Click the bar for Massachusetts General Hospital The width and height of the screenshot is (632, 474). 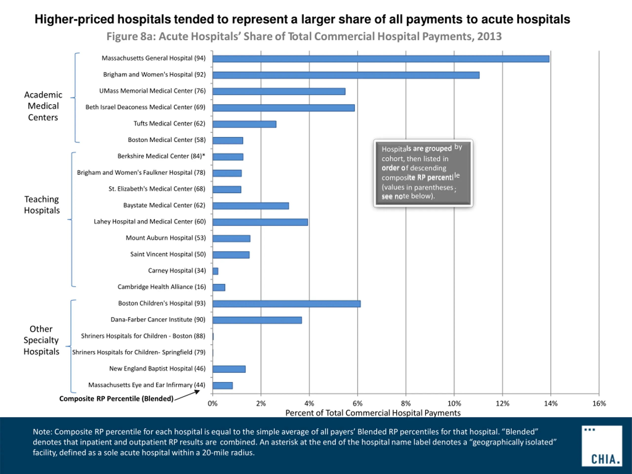(381, 59)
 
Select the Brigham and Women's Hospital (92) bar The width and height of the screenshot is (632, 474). (346, 75)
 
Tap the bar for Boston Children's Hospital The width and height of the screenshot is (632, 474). (286, 304)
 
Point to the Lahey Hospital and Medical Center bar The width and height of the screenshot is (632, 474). (260, 222)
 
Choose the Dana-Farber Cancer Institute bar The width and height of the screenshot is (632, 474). (257, 320)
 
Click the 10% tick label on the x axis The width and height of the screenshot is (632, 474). (454, 403)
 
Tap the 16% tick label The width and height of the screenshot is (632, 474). (599, 403)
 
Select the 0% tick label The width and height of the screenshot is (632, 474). (213, 403)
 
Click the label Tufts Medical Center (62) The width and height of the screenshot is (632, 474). (169, 123)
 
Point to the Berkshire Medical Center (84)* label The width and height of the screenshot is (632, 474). (161, 156)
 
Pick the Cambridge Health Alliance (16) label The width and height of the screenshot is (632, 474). (161, 287)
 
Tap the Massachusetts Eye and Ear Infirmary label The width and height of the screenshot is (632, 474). (147, 385)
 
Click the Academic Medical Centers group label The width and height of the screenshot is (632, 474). (43, 106)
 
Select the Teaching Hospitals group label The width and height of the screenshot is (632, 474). (42, 205)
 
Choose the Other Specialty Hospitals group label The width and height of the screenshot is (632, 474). (41, 340)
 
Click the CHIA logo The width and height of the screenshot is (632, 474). (601, 446)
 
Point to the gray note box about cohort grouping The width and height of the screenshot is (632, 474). (423, 173)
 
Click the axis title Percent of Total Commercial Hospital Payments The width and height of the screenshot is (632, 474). (373, 413)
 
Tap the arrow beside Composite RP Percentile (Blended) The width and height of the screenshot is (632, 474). (187, 396)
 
